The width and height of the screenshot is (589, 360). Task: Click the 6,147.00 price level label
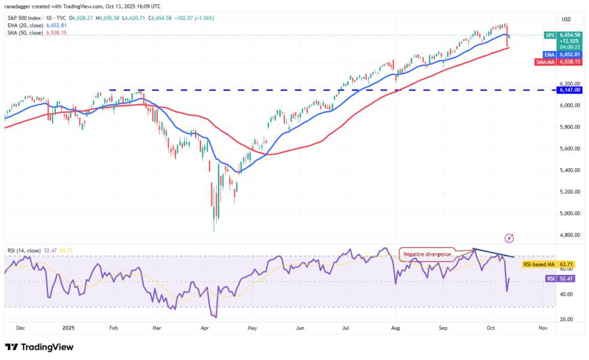coord(569,89)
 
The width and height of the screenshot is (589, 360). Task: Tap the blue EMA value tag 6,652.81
coord(569,53)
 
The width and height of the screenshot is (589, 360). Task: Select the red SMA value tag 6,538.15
coord(569,61)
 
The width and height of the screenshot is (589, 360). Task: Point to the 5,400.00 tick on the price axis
coord(569,170)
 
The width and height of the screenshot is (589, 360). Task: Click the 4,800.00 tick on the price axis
coord(569,235)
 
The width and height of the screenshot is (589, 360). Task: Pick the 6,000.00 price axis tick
coord(569,105)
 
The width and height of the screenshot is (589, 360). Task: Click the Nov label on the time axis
coord(543,328)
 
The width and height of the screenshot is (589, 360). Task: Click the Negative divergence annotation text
coord(428,254)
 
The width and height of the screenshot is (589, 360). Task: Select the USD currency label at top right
coord(566,19)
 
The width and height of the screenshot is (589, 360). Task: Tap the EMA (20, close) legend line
coord(34,25)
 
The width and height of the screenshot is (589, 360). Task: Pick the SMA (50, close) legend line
coord(34,32)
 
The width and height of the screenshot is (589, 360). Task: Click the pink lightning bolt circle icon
coord(510,239)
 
